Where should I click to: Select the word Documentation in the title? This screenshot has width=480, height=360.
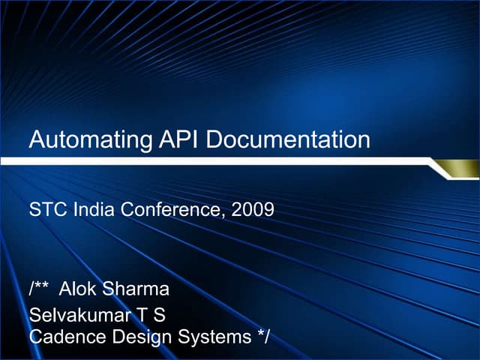tap(288, 139)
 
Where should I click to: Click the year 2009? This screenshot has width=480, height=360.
tap(253, 210)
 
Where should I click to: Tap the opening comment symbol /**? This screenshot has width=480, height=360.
tap(40, 289)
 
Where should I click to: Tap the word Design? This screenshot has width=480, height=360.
tap(136, 337)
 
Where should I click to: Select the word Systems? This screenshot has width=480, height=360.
tap(212, 337)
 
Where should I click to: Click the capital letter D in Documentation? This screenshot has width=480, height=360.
tap(212, 139)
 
